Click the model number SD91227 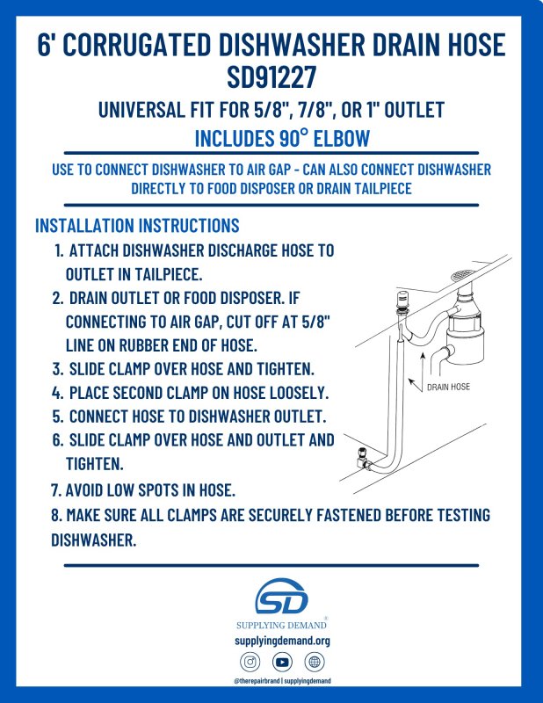point(271,76)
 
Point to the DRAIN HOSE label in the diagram point(448,387)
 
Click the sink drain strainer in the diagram point(463,275)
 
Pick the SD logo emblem point(281,597)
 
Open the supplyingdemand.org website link point(282,641)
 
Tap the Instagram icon point(250,662)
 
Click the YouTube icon point(282,662)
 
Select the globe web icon point(315,662)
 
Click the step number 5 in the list point(57,417)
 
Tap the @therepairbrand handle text point(257,680)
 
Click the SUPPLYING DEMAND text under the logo point(281,625)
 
